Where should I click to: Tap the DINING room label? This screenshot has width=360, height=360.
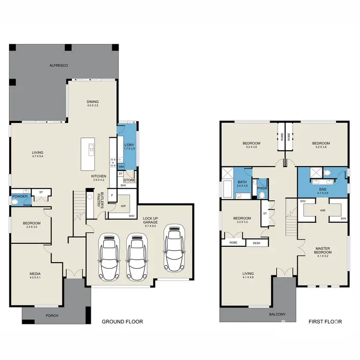click(x=93, y=102)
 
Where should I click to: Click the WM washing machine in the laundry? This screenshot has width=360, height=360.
click(x=121, y=167)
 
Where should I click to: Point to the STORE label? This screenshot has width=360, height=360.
click(x=129, y=180)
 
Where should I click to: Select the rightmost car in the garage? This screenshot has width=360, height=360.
click(x=174, y=248)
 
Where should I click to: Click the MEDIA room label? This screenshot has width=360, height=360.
click(x=36, y=274)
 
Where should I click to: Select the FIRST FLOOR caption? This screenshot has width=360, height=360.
click(x=325, y=322)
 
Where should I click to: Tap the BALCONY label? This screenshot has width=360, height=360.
click(x=277, y=314)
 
